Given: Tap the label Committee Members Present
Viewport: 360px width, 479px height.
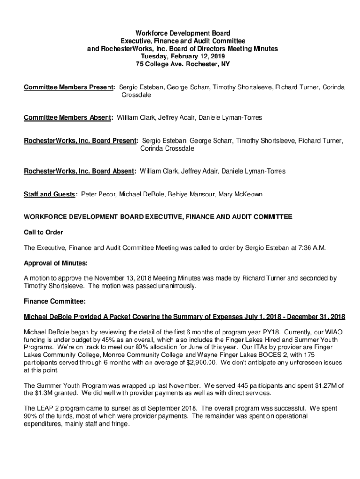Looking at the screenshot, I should click(x=69, y=87).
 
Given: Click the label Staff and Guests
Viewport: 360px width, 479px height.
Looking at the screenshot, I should click(x=50, y=194).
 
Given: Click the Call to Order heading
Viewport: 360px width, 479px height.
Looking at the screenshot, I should click(x=43, y=232).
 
